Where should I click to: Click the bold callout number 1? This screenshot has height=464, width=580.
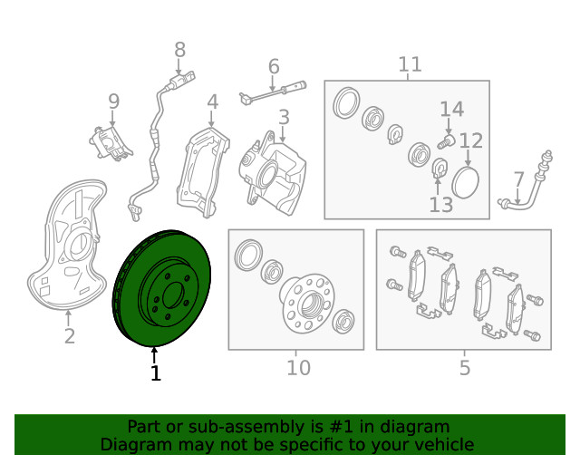tap(156, 373)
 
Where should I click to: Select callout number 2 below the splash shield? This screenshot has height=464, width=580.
tap(70, 336)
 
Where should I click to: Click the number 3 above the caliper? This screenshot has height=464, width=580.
tap(284, 117)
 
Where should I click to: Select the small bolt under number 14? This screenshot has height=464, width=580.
tap(447, 141)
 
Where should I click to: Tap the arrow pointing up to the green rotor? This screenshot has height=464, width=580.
tap(154, 355)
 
